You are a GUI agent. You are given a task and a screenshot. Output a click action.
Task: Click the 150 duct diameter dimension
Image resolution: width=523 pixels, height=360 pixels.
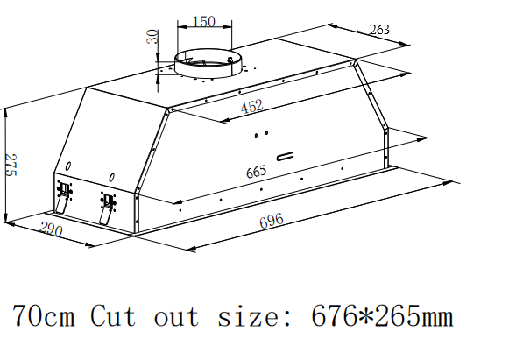tap(204, 21)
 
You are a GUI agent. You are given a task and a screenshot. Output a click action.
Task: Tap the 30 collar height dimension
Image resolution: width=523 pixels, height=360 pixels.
tap(152, 37)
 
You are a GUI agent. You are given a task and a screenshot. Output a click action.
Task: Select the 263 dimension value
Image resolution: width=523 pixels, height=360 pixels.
tap(379, 30)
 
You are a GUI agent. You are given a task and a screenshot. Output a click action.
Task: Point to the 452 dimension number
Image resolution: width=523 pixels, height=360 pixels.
tap(251, 107)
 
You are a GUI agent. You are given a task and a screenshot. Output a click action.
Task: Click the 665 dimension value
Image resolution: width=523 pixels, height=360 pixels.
tap(256, 172)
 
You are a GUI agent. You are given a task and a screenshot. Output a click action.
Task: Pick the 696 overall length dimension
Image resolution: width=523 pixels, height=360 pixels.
tap(272, 221)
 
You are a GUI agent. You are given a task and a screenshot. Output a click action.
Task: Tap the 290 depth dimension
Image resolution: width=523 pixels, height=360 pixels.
tap(51, 229)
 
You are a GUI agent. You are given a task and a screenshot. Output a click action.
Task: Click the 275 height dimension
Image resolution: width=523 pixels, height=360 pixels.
tap(11, 166)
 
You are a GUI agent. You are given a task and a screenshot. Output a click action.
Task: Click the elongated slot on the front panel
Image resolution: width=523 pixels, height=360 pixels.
tap(286, 156)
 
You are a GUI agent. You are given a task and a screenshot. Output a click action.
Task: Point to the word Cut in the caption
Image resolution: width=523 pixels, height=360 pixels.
tap(113, 315)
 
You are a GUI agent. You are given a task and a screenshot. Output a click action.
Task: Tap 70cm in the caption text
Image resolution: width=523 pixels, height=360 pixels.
tap(43, 315)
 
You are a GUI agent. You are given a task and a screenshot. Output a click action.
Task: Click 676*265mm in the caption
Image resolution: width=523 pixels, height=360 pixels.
tap(382, 315)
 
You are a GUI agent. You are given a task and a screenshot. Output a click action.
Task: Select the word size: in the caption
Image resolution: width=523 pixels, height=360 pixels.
tap(254, 316)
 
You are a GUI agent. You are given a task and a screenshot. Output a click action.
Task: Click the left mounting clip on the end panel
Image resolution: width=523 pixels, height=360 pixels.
tap(63, 196)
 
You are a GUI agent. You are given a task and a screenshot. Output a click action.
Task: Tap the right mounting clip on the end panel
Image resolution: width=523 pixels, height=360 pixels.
tap(107, 208)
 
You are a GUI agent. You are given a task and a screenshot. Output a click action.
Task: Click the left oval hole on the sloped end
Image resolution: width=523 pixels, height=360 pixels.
tap(68, 166)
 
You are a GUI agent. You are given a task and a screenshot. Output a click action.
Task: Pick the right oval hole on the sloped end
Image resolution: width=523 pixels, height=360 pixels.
tap(112, 177)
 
